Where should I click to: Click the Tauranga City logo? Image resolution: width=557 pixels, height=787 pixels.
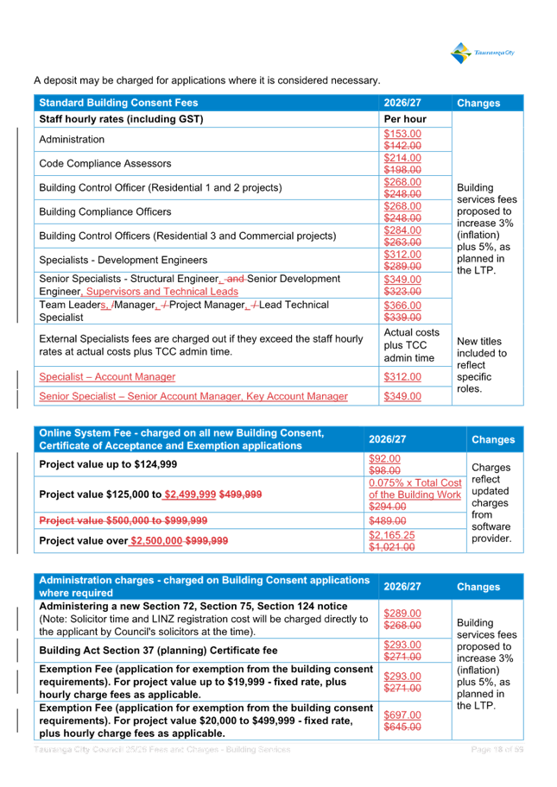[483, 54]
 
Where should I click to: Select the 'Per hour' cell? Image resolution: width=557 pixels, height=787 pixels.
[405, 119]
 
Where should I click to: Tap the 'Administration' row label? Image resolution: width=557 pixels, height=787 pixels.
[72, 139]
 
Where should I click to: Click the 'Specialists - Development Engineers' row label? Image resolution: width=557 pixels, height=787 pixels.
[123, 260]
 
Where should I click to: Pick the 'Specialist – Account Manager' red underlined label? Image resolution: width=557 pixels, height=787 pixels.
[107, 377]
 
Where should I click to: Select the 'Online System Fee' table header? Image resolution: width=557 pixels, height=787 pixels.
[181, 439]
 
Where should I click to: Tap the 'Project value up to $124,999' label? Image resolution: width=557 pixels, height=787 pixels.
[108, 464]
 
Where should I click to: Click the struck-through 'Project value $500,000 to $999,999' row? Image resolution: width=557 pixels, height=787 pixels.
[123, 520]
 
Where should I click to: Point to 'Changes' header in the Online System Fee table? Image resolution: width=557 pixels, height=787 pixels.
[493, 439]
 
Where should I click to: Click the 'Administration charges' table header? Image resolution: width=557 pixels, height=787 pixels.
[204, 586]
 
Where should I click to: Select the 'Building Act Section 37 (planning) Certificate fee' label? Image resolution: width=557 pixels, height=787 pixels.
[158, 650]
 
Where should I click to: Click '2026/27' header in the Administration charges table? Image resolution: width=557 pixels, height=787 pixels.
[402, 587]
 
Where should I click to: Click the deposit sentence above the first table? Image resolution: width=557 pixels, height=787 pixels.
[206, 80]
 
